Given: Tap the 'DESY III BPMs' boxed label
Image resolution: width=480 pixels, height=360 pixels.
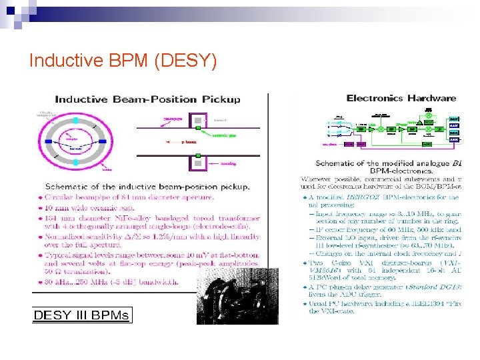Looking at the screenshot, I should coord(82,315).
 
